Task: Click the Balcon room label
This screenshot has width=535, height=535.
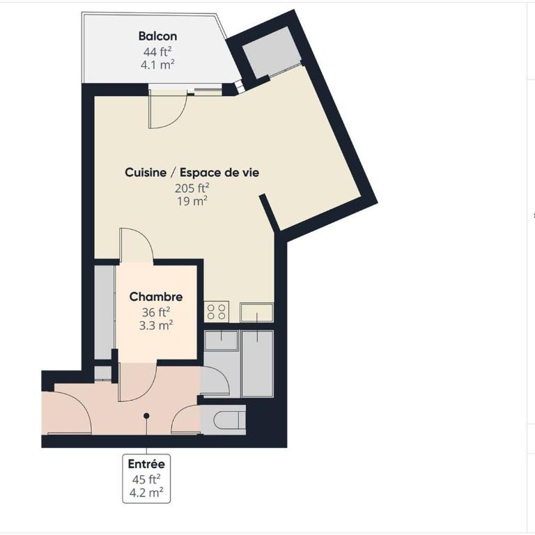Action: click(x=157, y=36)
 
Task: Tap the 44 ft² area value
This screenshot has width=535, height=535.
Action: click(x=157, y=52)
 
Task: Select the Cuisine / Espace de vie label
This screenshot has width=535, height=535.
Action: click(x=192, y=172)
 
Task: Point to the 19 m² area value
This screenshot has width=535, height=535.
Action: click(x=192, y=201)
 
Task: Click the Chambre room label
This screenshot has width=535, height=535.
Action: click(x=156, y=297)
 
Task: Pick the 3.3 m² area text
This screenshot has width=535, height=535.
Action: click(x=156, y=325)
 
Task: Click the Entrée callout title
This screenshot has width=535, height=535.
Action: click(x=146, y=464)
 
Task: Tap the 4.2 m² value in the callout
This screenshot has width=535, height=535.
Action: click(x=146, y=493)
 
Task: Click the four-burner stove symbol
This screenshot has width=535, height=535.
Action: click(x=217, y=312)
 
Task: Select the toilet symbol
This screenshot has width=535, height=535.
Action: click(x=231, y=420)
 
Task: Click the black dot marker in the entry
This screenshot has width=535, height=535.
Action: click(x=146, y=416)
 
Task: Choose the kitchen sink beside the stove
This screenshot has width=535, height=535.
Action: click(x=256, y=312)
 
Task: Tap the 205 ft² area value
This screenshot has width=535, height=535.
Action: click(x=192, y=188)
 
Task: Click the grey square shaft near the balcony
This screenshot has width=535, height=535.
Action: click(x=272, y=52)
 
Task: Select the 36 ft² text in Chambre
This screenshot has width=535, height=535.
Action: click(x=156, y=312)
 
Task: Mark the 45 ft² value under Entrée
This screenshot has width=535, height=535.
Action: click(x=146, y=479)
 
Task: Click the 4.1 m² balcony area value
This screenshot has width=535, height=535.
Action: click(x=157, y=65)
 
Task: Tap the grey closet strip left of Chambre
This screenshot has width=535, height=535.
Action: click(x=104, y=312)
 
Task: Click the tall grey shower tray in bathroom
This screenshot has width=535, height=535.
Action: click(x=257, y=364)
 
